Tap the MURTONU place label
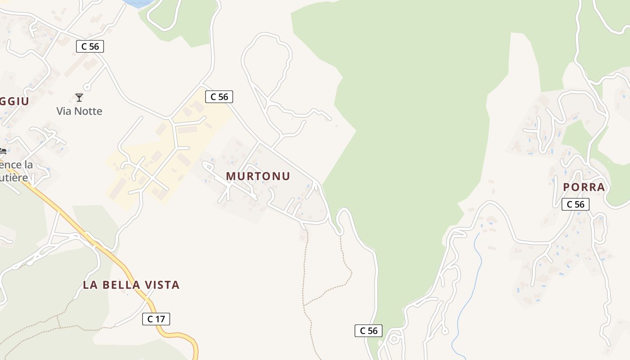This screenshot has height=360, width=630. pos(258,176)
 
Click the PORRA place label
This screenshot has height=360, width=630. pos(584,187)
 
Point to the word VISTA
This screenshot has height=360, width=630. pos(163,285)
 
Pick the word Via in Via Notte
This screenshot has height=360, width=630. pos(64,111)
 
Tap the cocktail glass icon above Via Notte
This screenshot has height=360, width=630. pos(79,97)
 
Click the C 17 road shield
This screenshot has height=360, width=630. pos(156,319)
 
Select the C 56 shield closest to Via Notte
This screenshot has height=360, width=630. pos(90,46)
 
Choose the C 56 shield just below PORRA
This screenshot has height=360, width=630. pos(575,204)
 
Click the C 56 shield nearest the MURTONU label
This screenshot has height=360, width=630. pos(219,96)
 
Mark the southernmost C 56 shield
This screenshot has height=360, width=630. pos(369,331)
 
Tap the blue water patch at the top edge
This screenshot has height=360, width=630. pos(137,3)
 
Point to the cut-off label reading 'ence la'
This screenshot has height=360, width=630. pos(17,165)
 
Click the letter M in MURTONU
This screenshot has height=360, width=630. pos(230,176)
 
